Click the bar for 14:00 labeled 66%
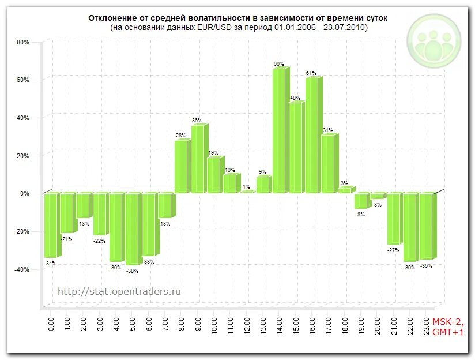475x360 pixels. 279,130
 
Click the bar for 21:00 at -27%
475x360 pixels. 394,219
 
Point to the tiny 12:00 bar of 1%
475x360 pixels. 247,191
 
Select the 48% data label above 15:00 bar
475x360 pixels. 295,97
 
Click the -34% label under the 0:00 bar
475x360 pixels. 50,264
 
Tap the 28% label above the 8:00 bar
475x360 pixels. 180,136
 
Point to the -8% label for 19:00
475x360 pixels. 360,215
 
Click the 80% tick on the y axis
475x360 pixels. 22,42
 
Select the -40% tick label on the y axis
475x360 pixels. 21,269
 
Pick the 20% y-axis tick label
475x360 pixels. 22,156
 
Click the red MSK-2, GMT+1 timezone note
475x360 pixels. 448,327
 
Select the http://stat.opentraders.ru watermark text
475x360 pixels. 119,291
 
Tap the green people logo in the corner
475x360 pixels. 435,41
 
